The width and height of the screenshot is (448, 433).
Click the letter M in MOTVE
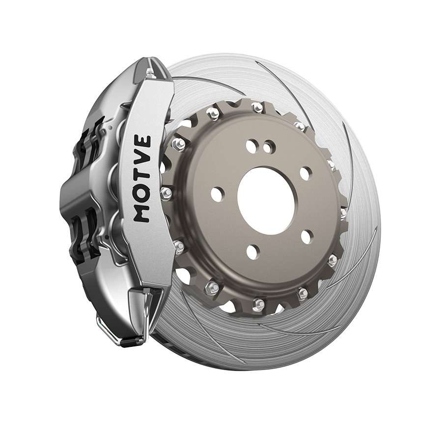click(141, 213)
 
